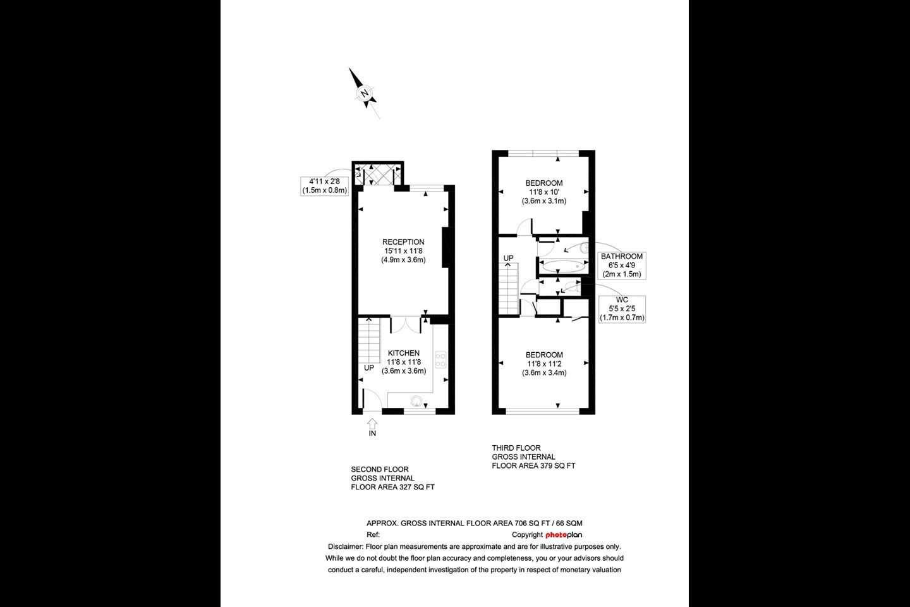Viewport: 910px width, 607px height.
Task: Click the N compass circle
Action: (365, 94)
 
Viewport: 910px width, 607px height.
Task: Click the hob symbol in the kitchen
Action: (440, 359)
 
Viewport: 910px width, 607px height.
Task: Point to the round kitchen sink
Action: (416, 402)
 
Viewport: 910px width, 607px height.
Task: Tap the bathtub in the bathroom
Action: (564, 266)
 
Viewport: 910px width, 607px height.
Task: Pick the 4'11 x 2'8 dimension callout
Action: (324, 186)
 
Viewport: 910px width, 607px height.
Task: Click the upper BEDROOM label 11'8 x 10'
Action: (543, 192)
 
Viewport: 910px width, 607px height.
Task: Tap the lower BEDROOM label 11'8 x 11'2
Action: (544, 364)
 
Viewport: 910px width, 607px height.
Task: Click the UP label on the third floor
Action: (508, 258)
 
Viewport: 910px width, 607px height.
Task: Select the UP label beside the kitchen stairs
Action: (369, 368)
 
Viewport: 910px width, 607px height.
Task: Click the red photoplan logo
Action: (564, 535)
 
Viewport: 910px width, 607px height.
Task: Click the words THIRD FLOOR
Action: (516, 448)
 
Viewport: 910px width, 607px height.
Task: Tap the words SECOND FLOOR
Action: (380, 469)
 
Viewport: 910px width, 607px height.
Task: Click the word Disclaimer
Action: (345, 547)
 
